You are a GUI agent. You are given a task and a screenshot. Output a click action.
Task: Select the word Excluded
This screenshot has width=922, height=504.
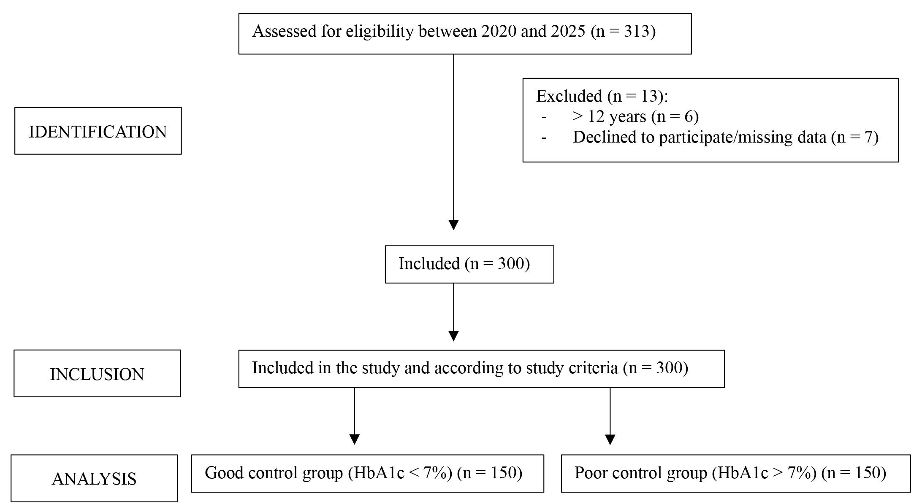[x=569, y=96]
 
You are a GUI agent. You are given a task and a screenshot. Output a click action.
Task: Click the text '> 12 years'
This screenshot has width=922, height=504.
[x=609, y=116]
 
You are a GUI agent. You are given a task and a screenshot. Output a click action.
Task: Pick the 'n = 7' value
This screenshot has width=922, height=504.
[x=854, y=137]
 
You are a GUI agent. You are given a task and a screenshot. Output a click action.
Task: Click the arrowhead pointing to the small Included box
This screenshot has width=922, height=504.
[x=453, y=225]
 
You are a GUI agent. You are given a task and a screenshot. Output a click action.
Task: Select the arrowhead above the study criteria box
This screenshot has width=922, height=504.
[x=453, y=336]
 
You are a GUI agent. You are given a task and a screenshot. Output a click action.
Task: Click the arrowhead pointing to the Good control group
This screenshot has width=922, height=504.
[x=355, y=439]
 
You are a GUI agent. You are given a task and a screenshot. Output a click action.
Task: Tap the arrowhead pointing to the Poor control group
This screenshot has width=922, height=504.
[x=610, y=439]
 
